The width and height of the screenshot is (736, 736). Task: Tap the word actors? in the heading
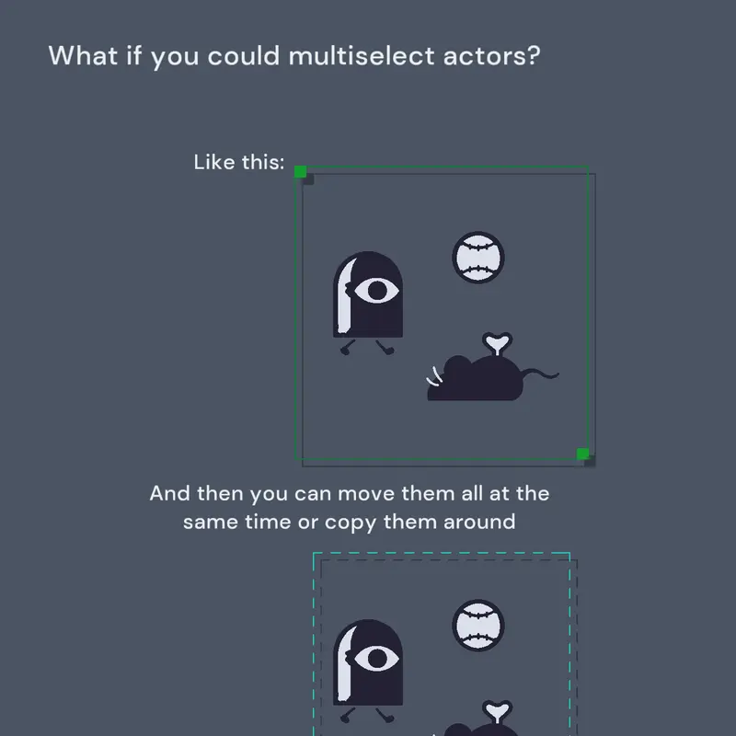[x=492, y=56]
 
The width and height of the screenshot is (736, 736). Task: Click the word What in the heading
[x=83, y=55]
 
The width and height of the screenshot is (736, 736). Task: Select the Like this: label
[x=239, y=163]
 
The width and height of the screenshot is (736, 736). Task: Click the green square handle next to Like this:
[x=301, y=172]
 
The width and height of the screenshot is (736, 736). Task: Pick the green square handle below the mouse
[x=582, y=454]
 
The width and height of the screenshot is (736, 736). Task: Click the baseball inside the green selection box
[x=478, y=258]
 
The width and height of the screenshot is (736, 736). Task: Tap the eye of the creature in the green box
[x=376, y=290]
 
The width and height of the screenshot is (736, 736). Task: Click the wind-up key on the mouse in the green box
[x=498, y=343]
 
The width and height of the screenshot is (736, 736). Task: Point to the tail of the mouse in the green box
[x=540, y=374]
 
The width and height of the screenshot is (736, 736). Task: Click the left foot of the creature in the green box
[x=347, y=349]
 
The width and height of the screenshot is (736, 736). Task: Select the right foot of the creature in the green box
[x=385, y=348]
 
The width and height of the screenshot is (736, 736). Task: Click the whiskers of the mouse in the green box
[x=434, y=376]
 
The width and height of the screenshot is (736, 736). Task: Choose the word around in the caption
[x=479, y=522]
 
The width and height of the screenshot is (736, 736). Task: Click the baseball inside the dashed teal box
[x=478, y=626]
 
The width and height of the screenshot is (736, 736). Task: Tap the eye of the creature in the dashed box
[x=376, y=658]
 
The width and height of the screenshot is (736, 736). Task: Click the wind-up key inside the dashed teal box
[x=498, y=711]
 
